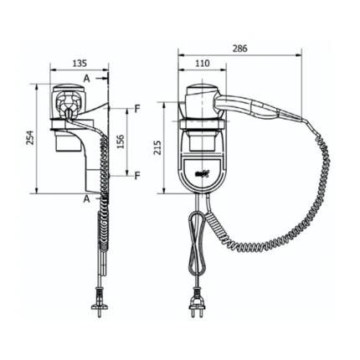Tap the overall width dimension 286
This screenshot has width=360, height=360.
pos(239,49)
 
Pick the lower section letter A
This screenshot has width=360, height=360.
pos(86,199)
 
